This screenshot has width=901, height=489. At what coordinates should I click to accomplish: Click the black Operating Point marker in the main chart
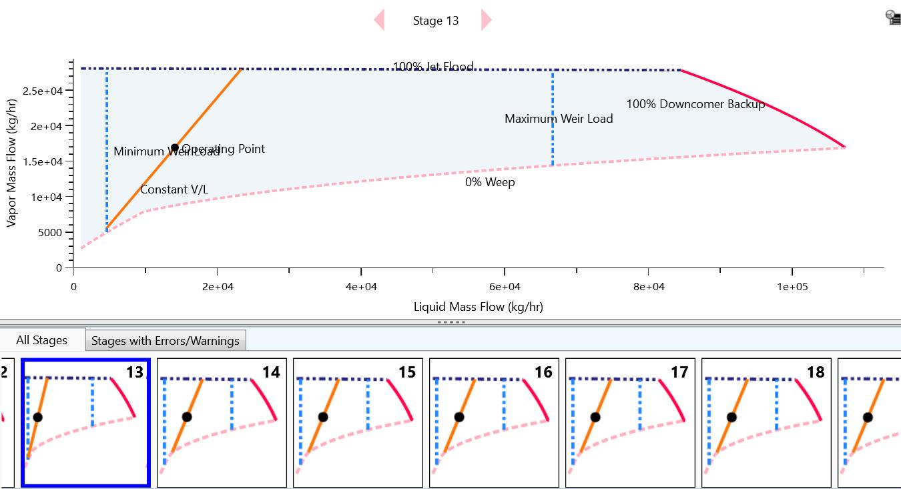pos(175,147)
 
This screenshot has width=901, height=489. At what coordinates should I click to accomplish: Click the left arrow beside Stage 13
pos(379,20)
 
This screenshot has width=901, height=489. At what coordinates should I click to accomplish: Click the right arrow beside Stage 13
pos(486,20)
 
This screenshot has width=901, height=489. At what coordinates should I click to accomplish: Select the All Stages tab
pos(41,340)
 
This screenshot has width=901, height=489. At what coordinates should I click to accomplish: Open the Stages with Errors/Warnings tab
pos(165,341)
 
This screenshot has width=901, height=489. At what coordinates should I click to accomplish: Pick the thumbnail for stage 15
pos(358,422)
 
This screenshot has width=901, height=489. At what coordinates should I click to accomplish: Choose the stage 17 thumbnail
pos(630,422)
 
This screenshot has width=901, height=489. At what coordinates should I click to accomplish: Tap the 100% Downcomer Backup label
pos(695,104)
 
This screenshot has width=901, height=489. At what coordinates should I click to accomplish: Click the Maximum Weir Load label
pos(559,119)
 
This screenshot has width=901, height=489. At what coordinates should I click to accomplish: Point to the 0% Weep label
pos(490,182)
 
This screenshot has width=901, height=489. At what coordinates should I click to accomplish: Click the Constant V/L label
pos(174,190)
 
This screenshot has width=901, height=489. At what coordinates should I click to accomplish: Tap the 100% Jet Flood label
pos(433,67)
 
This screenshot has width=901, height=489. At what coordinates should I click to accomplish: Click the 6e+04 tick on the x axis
pos(505,287)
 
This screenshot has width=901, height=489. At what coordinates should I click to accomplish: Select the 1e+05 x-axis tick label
pos(792,287)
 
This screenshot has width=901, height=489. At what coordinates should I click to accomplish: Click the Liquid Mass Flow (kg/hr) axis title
pos(478,307)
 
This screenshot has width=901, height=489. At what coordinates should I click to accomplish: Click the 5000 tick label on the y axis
pos(49,233)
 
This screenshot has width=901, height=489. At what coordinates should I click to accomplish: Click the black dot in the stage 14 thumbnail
pos(187,417)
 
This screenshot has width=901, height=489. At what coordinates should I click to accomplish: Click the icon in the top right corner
pos(893,17)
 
